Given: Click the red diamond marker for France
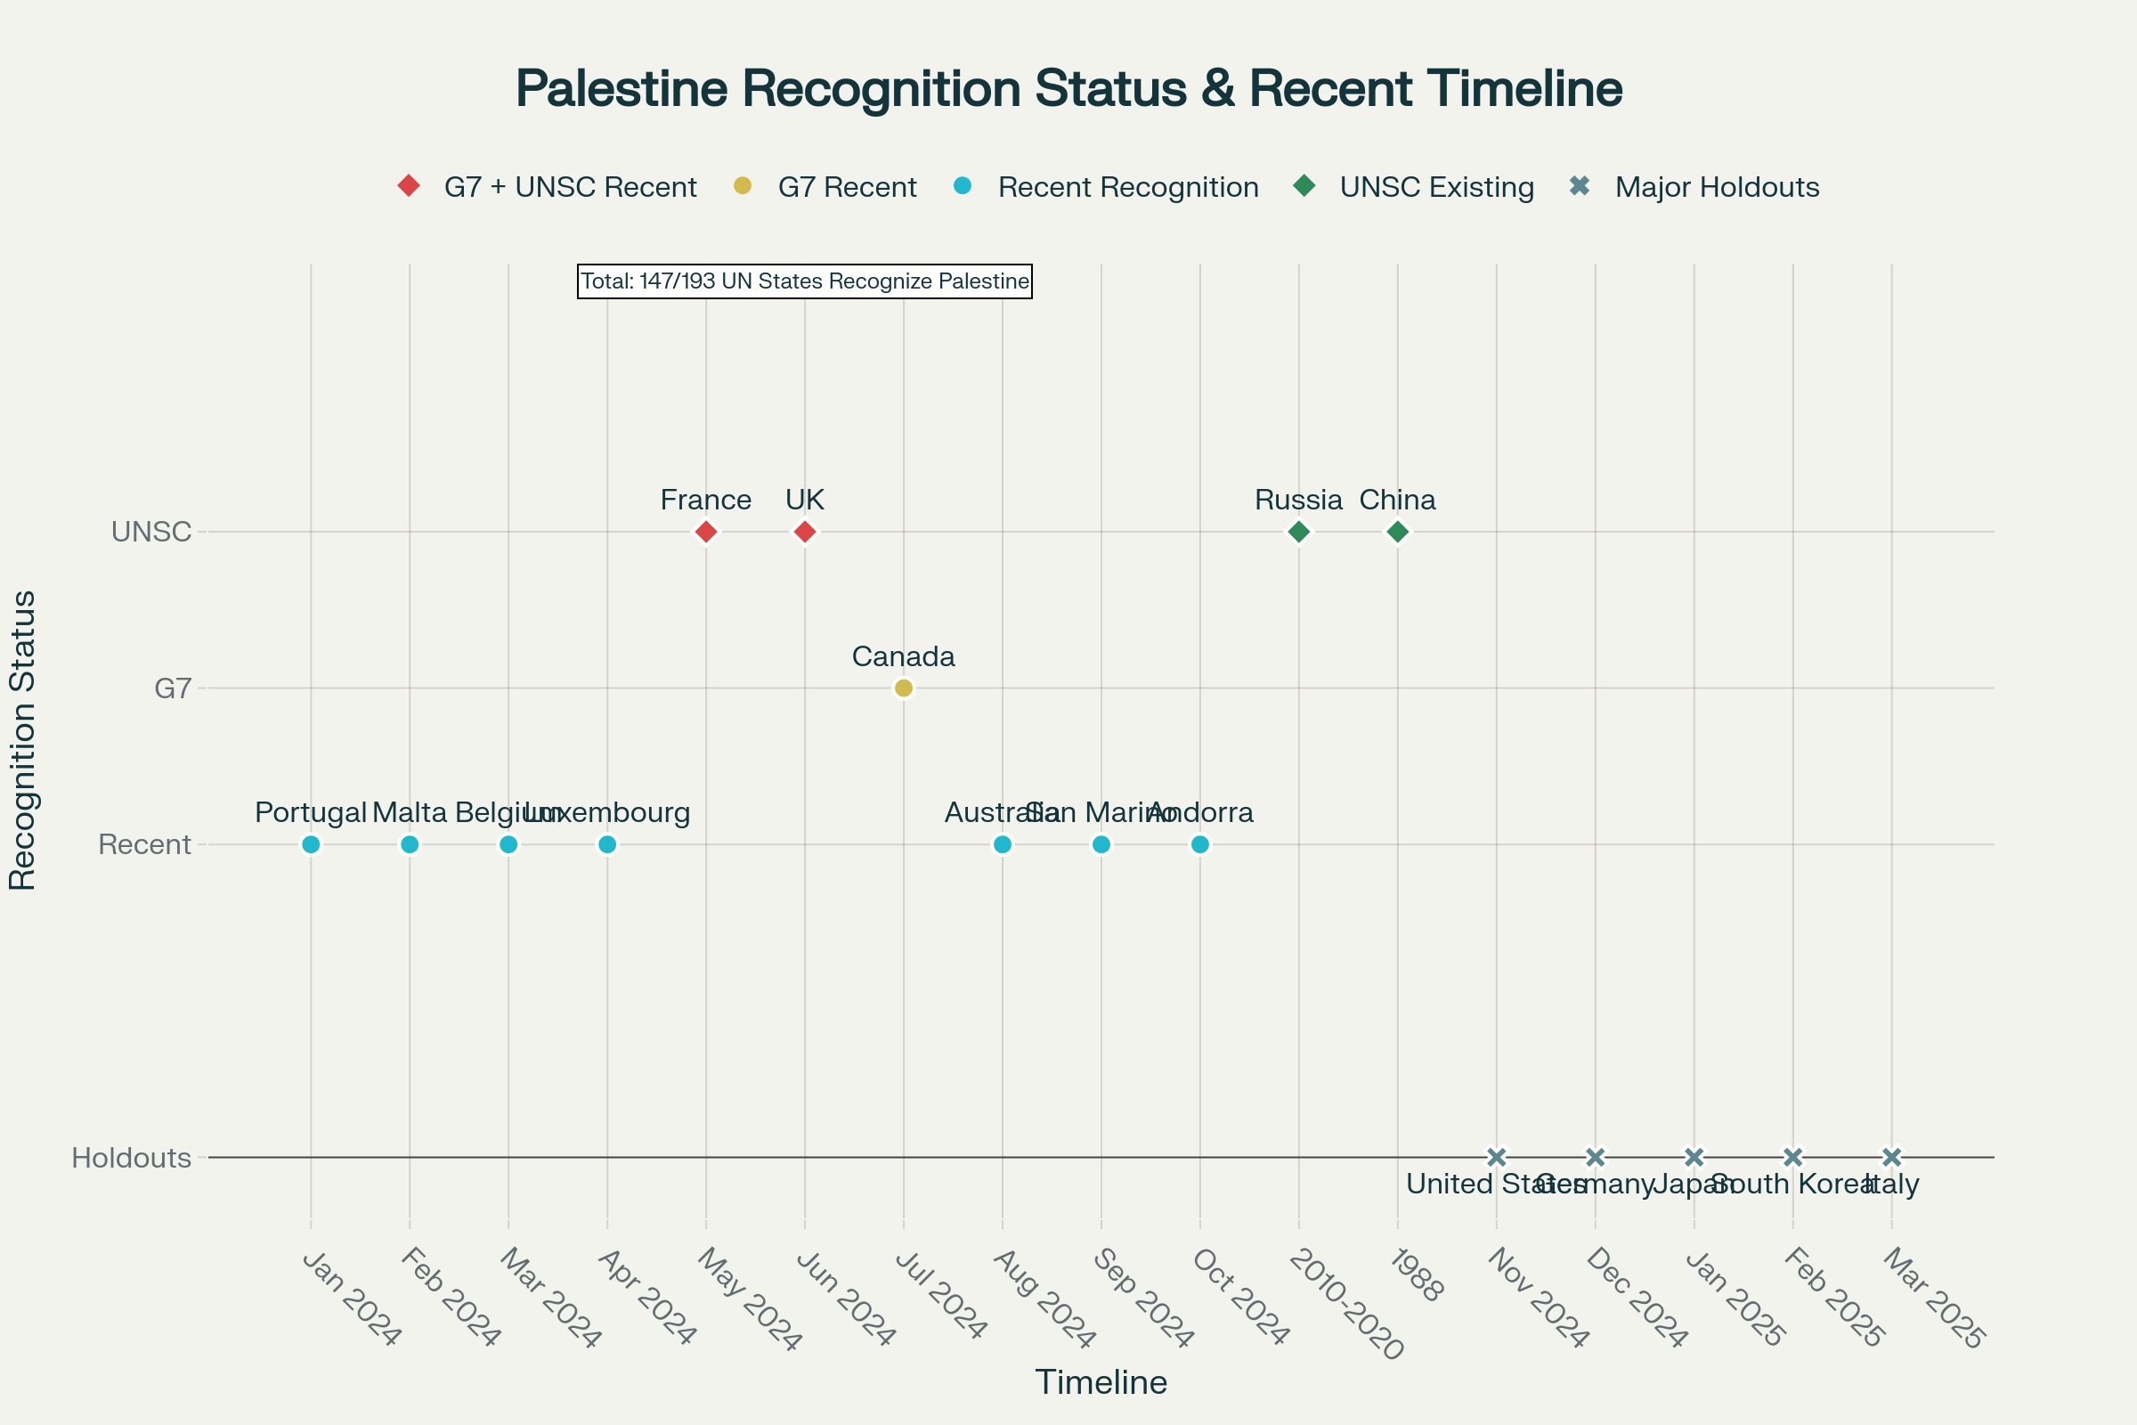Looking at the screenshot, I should (706, 532).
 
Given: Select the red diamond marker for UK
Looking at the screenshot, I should (804, 532).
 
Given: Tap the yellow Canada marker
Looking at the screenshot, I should (903, 688).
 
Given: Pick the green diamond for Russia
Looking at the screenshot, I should (1298, 532).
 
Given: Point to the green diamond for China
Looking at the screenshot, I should (1397, 532).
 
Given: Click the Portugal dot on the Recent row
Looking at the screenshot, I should (311, 844).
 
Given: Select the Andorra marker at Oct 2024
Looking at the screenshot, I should (1199, 844).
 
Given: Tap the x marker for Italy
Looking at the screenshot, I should (1891, 1157).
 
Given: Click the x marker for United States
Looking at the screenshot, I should (1497, 1157).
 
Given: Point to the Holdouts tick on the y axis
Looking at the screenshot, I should (132, 1158).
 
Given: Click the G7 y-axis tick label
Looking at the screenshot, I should (173, 688).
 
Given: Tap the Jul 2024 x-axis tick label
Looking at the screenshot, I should (941, 1296).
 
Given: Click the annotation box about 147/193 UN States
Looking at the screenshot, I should (804, 281).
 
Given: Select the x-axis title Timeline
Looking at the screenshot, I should (1101, 1382).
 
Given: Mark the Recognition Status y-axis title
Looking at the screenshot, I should (21, 741).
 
